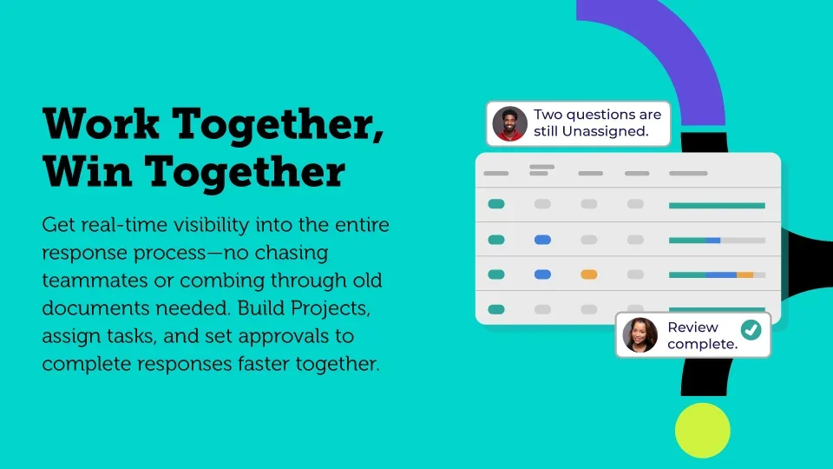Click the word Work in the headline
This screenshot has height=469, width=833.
101,123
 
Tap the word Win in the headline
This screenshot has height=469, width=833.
88,171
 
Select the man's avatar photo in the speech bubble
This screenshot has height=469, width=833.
509,124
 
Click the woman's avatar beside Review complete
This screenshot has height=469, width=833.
640,335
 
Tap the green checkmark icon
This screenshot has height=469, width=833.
751,330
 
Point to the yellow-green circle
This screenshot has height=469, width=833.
702,430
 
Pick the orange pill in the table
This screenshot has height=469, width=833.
588,274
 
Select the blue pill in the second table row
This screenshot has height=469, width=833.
542,240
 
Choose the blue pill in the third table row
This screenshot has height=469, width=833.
542,274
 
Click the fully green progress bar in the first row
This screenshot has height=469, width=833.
717,205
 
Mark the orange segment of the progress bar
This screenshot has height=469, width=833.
744,275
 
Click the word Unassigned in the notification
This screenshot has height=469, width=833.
605,131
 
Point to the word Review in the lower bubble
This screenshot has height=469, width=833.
692,327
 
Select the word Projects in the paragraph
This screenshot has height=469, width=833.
331,308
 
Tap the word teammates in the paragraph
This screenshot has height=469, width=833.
95,281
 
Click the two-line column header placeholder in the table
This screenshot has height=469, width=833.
541,169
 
